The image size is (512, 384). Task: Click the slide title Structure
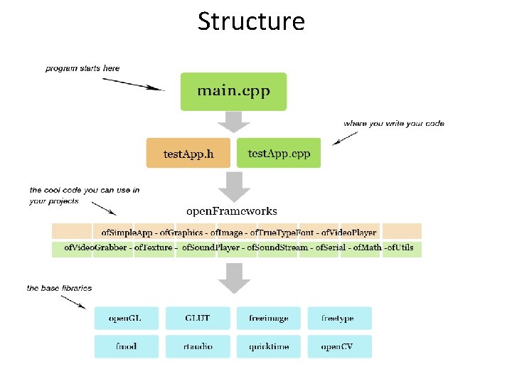click(x=251, y=21)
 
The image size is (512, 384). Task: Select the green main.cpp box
click(x=233, y=91)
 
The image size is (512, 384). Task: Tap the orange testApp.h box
click(x=188, y=153)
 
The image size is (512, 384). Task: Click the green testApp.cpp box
click(x=278, y=153)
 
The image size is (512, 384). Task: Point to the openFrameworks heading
click(x=232, y=210)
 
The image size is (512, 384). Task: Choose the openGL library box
click(x=124, y=318)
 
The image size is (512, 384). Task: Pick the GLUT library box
click(x=197, y=318)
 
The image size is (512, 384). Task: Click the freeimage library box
click(x=268, y=318)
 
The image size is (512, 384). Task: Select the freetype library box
click(x=338, y=318)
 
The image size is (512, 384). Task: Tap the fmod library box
click(x=124, y=346)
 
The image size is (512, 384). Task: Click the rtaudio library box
click(x=197, y=346)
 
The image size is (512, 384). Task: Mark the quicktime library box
click(x=268, y=346)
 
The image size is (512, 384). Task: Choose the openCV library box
click(x=338, y=346)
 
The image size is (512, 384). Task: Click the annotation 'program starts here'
click(x=82, y=68)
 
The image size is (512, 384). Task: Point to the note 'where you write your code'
click(x=393, y=123)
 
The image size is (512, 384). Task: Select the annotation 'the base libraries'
click(x=59, y=288)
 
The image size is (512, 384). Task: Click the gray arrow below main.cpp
click(x=233, y=122)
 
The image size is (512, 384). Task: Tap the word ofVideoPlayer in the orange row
click(x=348, y=233)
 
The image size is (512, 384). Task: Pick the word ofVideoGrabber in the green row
click(x=95, y=248)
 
